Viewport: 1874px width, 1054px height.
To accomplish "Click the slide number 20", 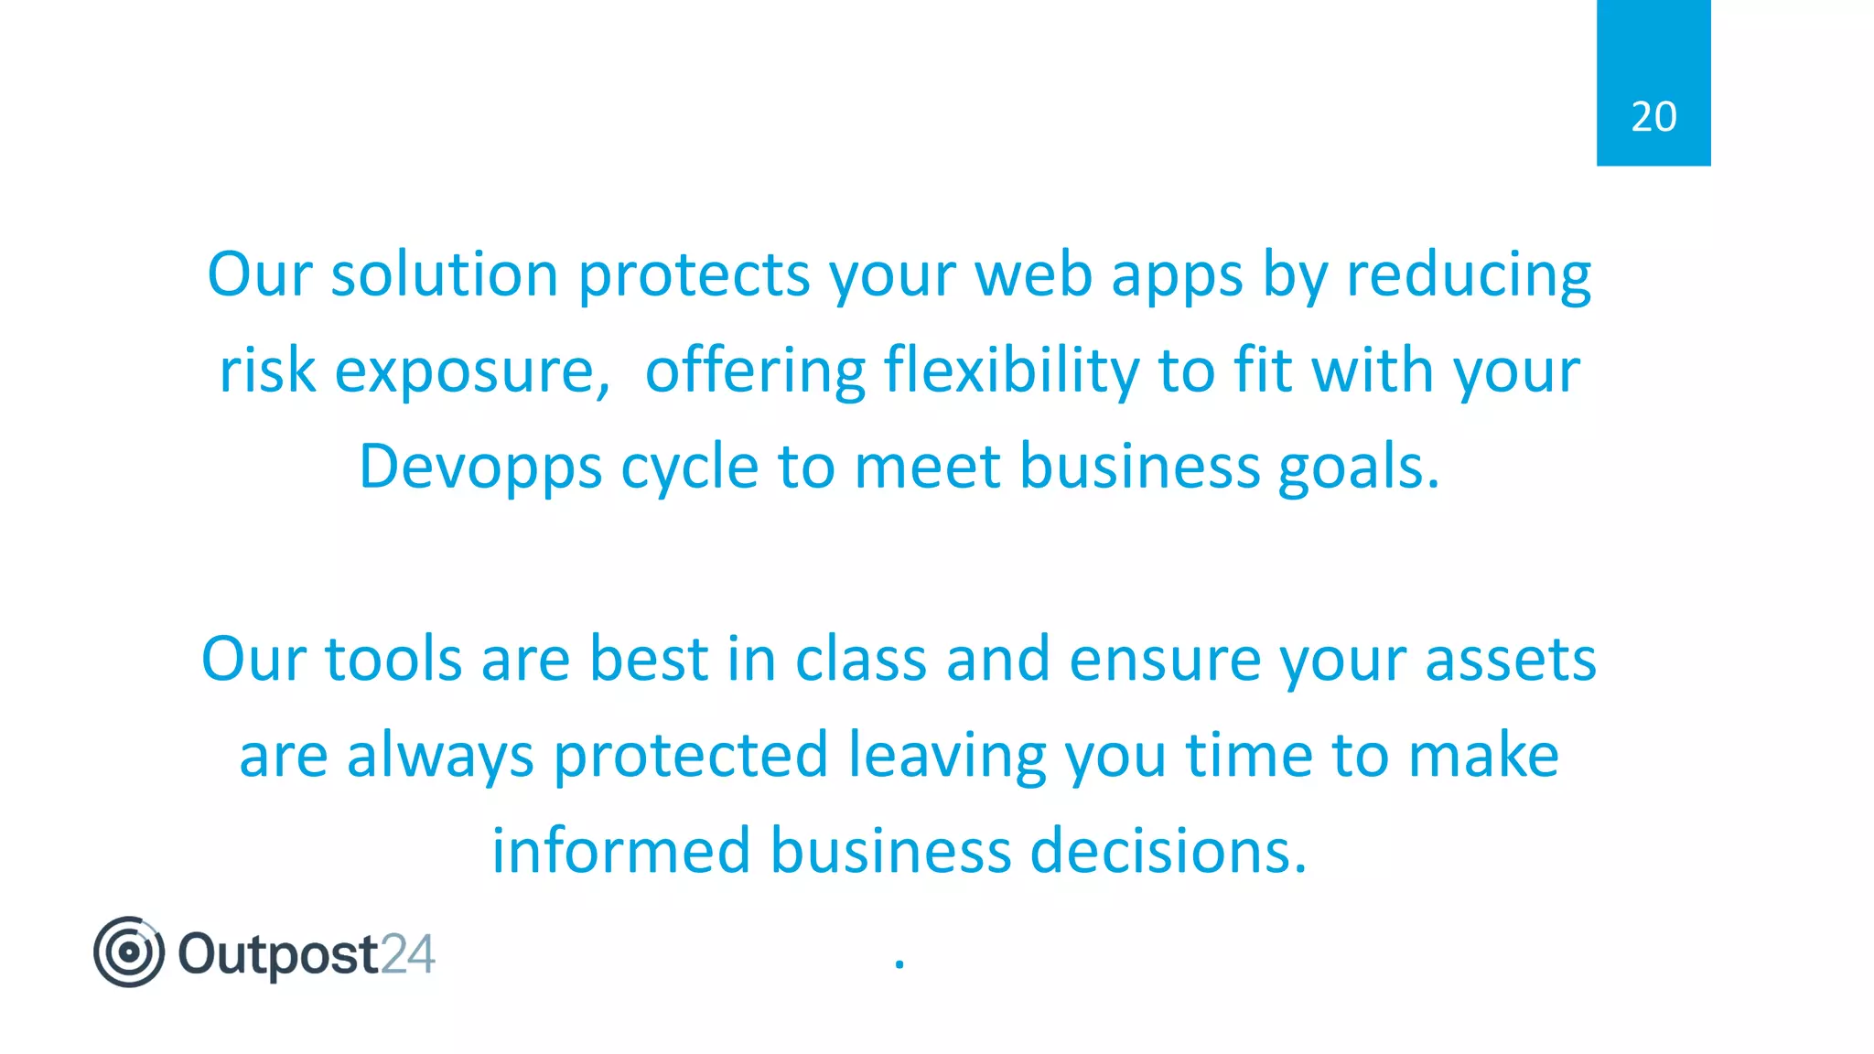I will pos(1653,117).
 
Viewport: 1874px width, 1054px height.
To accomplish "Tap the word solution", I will pos(444,274).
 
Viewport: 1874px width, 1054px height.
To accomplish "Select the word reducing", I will pos(1469,274).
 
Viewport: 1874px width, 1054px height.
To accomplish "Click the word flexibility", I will pos(1011,371).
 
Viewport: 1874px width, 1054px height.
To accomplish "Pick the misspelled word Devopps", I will pos(480,468).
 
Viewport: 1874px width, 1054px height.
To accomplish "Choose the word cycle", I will pos(689,468).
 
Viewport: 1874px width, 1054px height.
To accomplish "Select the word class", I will pos(860,659).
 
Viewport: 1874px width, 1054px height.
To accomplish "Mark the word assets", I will pos(1510,659).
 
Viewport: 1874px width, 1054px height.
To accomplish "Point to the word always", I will pos(440,756).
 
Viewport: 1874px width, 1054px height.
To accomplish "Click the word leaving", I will pos(947,756).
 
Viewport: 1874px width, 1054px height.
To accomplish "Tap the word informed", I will pos(620,851).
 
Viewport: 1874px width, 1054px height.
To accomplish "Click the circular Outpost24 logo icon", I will pos(129,952).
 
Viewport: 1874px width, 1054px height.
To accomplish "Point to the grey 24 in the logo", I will pos(407,954).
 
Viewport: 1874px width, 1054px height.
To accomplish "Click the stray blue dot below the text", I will pos(899,963).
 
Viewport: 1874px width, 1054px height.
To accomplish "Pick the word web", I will pos(1033,274).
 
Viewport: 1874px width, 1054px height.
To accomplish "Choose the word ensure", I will pos(1165,659).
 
